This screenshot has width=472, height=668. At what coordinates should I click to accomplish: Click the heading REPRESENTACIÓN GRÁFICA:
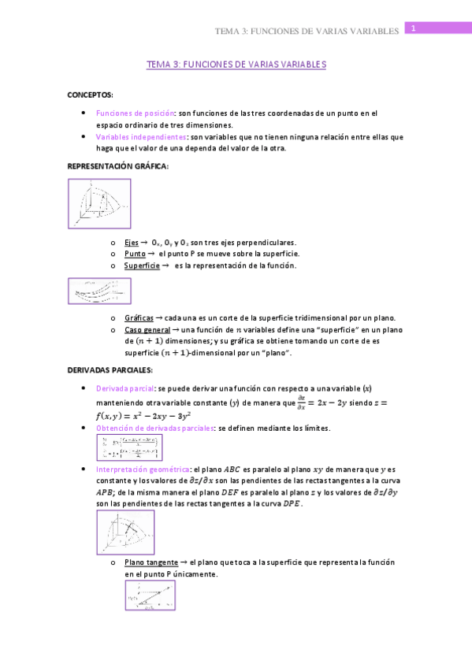117,166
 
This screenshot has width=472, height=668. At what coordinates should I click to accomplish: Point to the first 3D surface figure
98,204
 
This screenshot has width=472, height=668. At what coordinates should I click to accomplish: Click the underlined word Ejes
131,242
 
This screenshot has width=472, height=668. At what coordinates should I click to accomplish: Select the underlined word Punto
133,254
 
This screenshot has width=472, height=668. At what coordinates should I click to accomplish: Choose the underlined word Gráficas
139,317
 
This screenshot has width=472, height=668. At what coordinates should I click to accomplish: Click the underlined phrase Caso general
146,329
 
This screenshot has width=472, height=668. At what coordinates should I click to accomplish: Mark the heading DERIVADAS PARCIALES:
110,369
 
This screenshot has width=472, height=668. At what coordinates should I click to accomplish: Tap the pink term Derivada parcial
125,388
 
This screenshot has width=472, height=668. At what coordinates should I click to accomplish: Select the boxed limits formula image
128,447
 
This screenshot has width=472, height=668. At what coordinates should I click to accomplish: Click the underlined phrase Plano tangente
150,562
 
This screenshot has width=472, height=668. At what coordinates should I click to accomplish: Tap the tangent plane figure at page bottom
150,596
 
